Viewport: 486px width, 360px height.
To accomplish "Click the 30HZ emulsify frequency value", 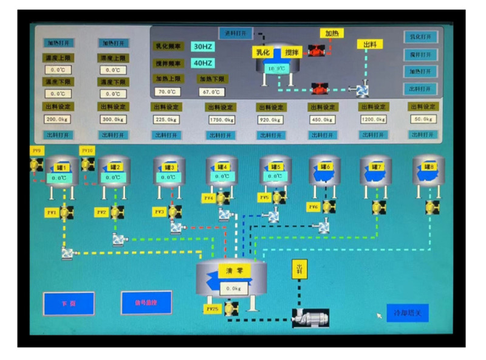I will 202,46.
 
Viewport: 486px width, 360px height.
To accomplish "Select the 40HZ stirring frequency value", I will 202,63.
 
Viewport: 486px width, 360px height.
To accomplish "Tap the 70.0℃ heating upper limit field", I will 165,92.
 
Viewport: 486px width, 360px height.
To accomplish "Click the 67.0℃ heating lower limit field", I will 211,92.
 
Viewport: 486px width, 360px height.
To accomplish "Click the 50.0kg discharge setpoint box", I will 422,119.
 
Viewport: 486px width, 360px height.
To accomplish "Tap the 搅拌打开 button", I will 421,54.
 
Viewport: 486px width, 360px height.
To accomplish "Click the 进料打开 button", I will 236,33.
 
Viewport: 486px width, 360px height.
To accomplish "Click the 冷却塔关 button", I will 408,313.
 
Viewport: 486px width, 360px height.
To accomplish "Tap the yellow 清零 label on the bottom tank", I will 234,271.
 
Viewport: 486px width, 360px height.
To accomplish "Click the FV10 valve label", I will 87,151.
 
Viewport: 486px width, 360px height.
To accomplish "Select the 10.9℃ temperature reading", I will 276,68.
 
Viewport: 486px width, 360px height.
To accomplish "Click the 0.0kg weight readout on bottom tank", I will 233,288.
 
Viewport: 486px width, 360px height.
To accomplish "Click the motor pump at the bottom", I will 310,316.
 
